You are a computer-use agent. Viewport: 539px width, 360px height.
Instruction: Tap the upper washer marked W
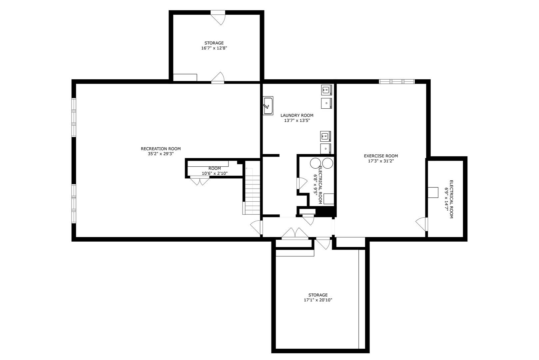click(x=326, y=90)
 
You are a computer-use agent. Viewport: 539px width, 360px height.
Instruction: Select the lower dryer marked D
click(x=325, y=148)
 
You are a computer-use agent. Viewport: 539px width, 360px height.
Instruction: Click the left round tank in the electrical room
click(x=315, y=163)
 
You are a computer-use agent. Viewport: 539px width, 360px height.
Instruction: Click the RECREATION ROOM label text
click(x=161, y=149)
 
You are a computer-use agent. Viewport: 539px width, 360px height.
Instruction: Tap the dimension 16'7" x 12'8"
click(x=214, y=48)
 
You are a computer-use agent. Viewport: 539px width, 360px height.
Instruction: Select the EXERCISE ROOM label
click(x=381, y=156)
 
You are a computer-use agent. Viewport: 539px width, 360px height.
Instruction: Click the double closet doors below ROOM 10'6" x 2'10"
click(x=200, y=181)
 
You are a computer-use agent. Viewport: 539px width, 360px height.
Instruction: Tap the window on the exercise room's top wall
click(x=397, y=81)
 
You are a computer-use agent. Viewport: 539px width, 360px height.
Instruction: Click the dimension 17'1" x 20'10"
click(x=317, y=300)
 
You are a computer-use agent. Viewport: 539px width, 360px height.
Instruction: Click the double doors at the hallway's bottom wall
click(x=295, y=234)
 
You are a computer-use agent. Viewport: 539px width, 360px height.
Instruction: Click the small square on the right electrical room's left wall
click(x=433, y=192)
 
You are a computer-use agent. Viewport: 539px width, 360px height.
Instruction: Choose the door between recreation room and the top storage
click(x=218, y=77)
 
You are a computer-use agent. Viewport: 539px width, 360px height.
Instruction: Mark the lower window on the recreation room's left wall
click(x=74, y=204)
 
